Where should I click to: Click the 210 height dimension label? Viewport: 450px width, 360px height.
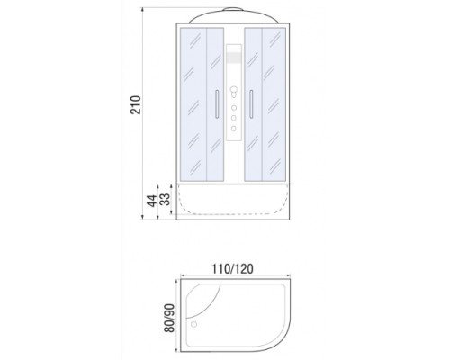pyautogui.click(x=136, y=104)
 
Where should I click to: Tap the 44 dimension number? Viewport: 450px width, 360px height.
pyautogui.click(x=152, y=201)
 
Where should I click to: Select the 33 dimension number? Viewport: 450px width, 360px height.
pyautogui.click(x=165, y=199)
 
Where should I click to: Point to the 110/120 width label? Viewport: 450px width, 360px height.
pyautogui.click(x=232, y=269)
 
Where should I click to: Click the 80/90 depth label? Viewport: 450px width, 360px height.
pyautogui.click(x=169, y=318)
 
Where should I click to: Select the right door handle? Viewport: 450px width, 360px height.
pyautogui.click(x=251, y=103)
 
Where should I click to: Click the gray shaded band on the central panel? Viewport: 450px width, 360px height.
pyautogui.click(x=234, y=58)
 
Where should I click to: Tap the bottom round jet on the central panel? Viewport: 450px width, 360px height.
pyautogui.click(x=234, y=129)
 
